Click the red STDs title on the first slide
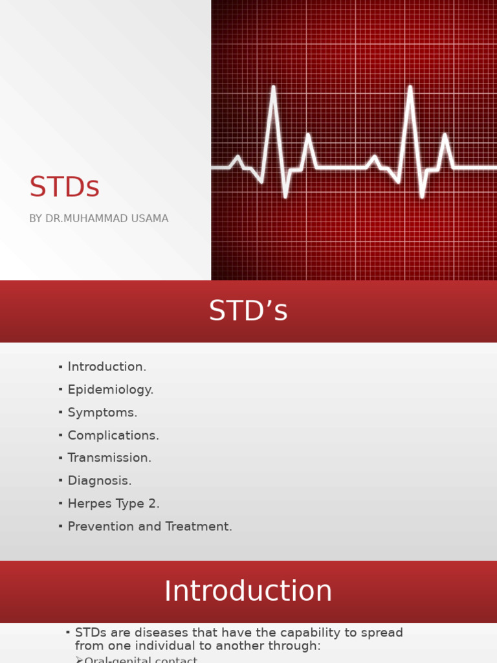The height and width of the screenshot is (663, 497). [x=64, y=187]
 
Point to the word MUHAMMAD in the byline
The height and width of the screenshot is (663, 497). [x=97, y=219]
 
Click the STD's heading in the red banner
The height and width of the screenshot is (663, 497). [x=248, y=311]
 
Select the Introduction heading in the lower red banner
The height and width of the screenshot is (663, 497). [x=248, y=591]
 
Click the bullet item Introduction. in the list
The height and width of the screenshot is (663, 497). [x=107, y=366]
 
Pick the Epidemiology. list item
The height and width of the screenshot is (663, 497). [x=111, y=390]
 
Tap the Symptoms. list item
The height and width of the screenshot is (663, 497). [x=102, y=412]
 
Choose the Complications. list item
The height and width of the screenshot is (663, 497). [x=113, y=436]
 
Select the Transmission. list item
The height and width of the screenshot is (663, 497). [x=109, y=458]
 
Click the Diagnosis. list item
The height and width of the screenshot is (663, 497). [x=100, y=481]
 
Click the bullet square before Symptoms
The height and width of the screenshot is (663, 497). [x=60, y=412]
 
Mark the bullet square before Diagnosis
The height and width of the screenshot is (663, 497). [x=60, y=480]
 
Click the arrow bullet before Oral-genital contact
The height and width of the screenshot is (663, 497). [x=79, y=659]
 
